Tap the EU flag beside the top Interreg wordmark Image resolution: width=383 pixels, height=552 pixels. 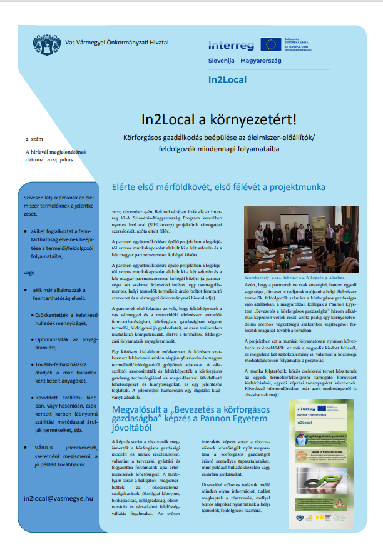(271, 44)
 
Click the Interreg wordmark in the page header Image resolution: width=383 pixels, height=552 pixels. (232, 45)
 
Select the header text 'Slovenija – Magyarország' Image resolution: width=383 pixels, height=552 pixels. (245, 61)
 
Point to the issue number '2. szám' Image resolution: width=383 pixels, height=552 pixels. (33, 136)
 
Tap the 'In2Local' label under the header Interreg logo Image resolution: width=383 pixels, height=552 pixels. (228, 80)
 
